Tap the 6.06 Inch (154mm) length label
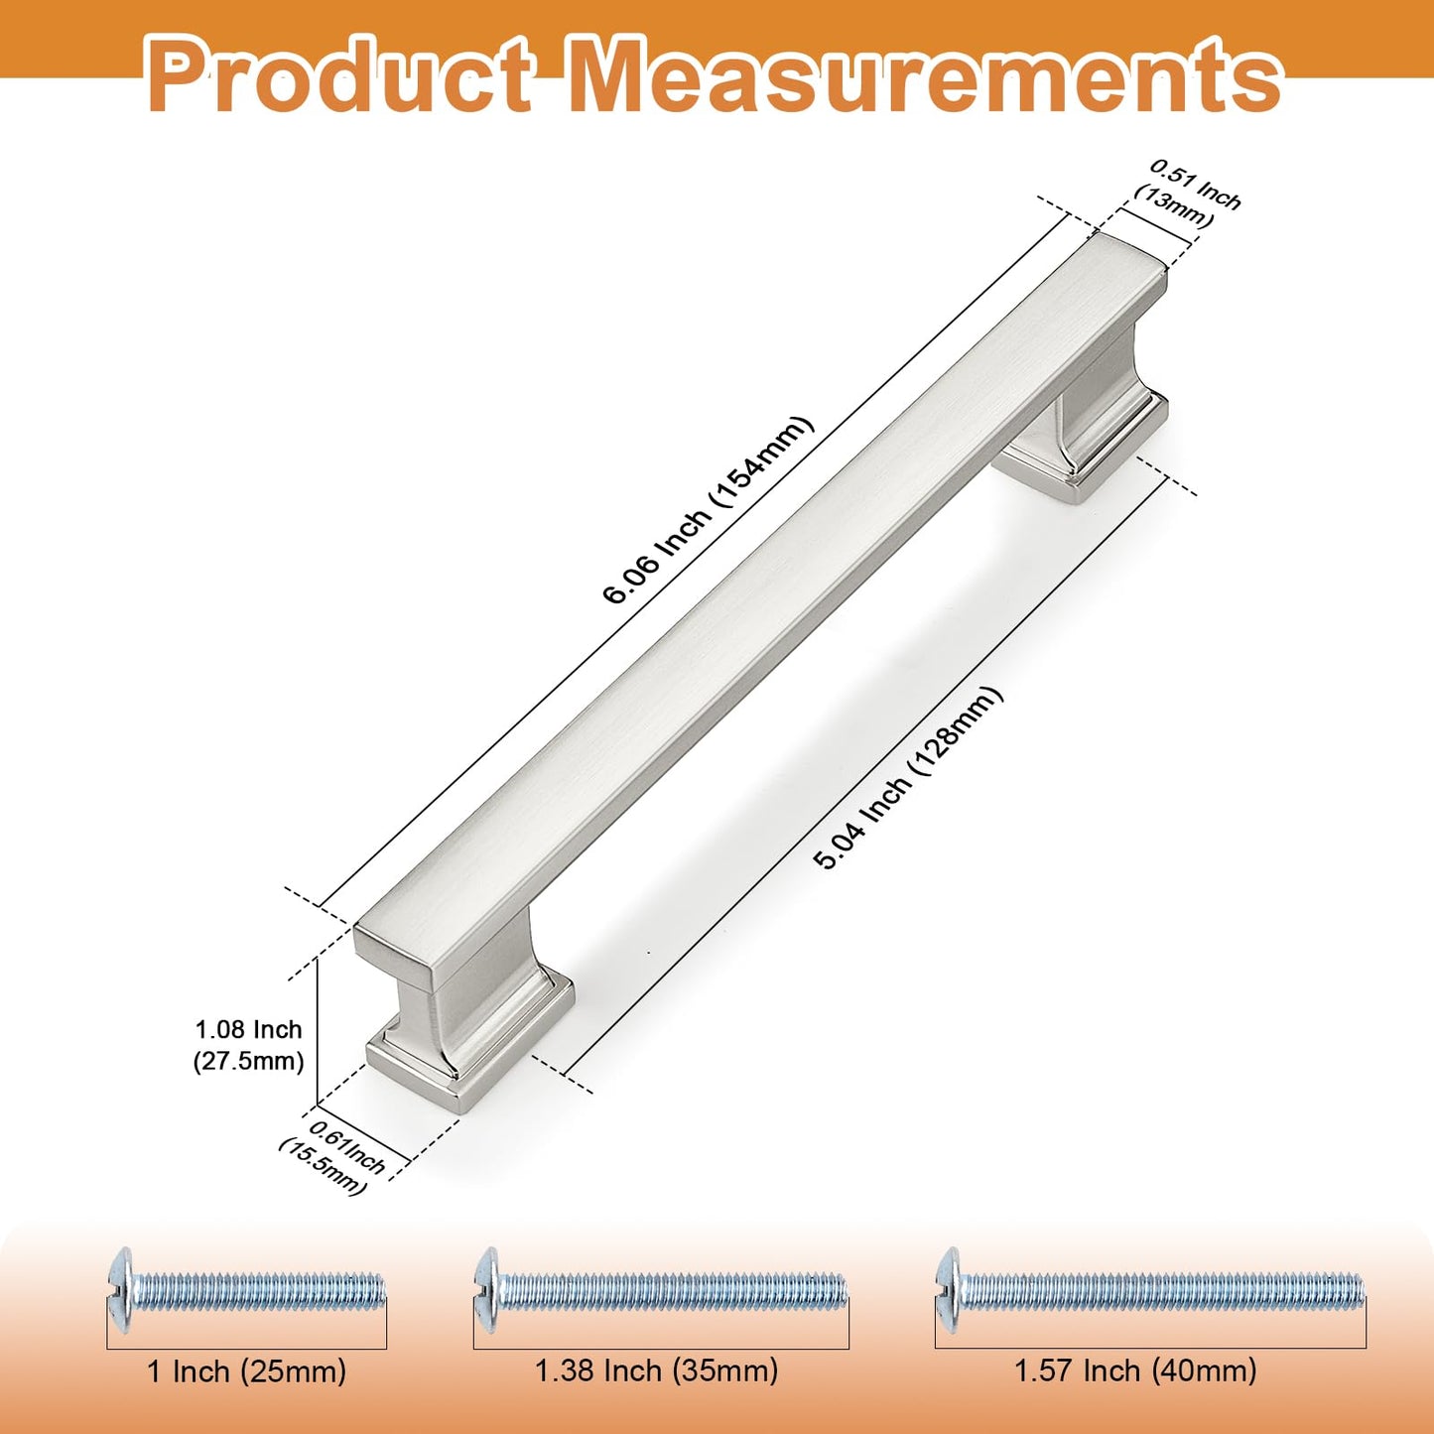tap(709, 509)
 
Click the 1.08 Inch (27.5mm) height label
tap(248, 1046)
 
